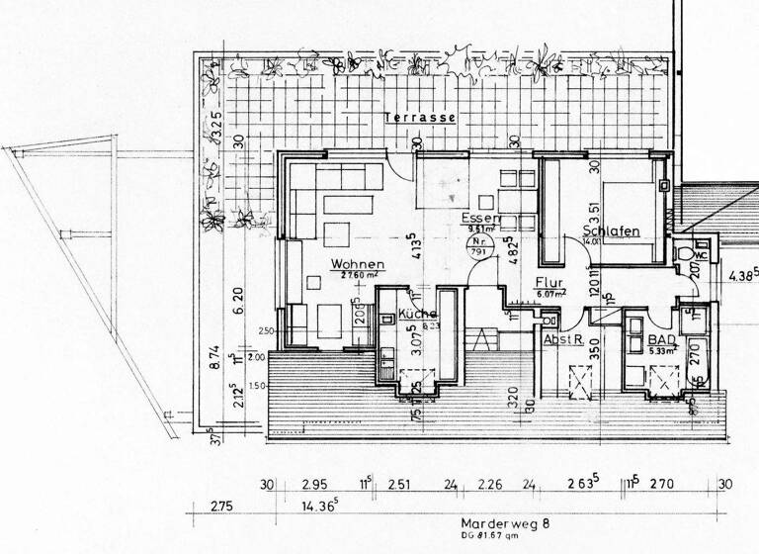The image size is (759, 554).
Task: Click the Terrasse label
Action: coord(420,117)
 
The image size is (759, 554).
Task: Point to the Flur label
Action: coord(551,280)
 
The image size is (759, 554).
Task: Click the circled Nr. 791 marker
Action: coord(479,247)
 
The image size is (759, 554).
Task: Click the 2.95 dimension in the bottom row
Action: coord(315,484)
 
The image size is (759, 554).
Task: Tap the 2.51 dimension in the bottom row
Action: coord(400,484)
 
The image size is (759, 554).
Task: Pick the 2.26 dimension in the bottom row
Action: coord(491,484)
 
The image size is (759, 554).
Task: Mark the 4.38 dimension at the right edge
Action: coord(741,275)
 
